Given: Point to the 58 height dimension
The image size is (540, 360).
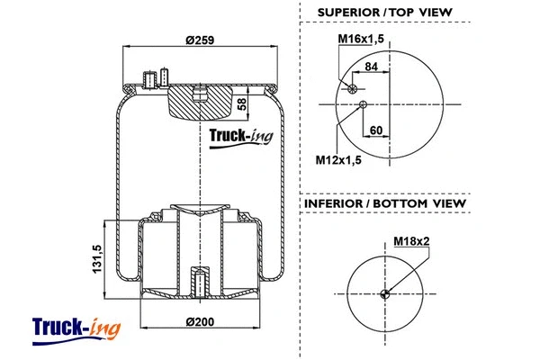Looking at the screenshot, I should click(241, 104).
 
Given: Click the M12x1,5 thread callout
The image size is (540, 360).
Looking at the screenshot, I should click(337, 160).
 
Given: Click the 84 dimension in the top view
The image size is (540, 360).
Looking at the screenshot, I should click(371, 66).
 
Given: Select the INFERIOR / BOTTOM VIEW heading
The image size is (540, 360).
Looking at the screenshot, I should click(384, 203).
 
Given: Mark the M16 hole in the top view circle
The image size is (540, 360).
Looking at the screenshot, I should click(354, 88).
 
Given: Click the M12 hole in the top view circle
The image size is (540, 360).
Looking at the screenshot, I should click(363, 105).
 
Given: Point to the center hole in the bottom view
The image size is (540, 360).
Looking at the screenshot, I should click(385, 293).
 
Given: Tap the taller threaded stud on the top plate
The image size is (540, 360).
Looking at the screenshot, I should click(166, 76).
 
